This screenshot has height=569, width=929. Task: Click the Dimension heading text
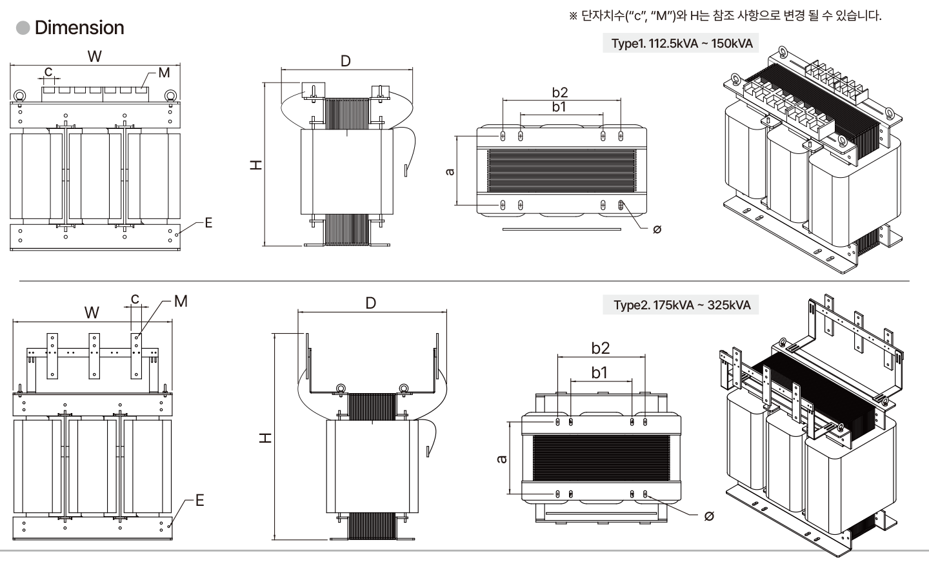(x=79, y=28)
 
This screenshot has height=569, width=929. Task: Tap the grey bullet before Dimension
(x=23, y=28)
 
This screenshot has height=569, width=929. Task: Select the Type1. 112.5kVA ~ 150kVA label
(x=681, y=43)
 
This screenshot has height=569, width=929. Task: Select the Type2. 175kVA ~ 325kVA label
(x=682, y=305)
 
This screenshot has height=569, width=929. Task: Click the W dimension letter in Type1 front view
(x=95, y=56)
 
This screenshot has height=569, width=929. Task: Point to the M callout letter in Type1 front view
(x=164, y=73)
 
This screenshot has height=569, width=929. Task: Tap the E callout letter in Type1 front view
(x=208, y=223)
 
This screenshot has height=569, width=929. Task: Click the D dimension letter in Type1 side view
(x=346, y=61)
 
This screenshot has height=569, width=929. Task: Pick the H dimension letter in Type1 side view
(x=257, y=165)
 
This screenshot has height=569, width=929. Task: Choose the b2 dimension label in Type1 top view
(x=559, y=93)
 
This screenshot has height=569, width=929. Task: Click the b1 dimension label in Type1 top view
(x=559, y=107)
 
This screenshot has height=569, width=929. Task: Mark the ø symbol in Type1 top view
(x=657, y=229)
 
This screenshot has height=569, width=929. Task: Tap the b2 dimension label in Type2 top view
(x=600, y=348)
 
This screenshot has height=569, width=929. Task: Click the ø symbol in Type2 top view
(x=709, y=516)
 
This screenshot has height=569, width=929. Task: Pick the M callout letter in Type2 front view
(x=181, y=301)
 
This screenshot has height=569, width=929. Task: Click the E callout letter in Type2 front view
(x=199, y=500)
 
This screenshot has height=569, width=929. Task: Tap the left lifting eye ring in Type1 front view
(x=19, y=96)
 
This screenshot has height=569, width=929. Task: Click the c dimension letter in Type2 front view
(x=135, y=299)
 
